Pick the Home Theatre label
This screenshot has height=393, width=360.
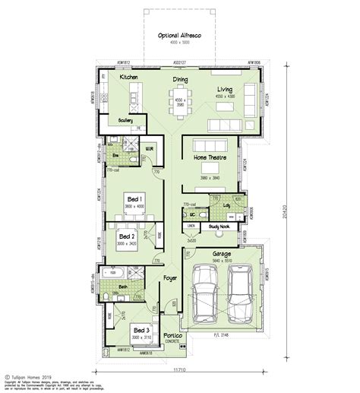(210, 157)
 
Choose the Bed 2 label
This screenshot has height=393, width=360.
(127, 236)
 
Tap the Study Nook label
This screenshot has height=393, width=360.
(221, 226)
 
